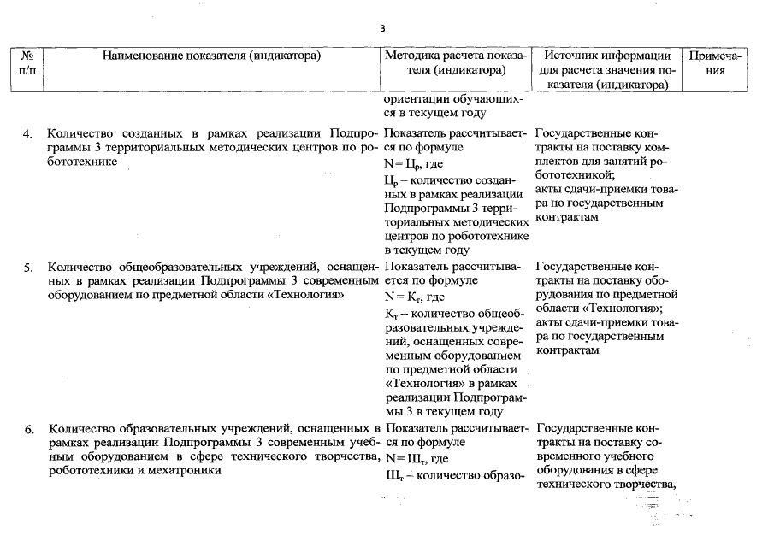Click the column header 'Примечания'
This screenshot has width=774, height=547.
pyautogui.click(x=718, y=63)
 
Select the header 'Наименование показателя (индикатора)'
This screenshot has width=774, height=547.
pyautogui.click(x=211, y=56)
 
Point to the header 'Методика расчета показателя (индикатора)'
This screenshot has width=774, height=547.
pyautogui.click(x=456, y=63)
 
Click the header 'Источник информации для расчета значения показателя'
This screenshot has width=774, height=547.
pyautogui.click(x=608, y=70)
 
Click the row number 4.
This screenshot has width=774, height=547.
pyautogui.click(x=28, y=134)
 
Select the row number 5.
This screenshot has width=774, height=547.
pyautogui.click(x=28, y=266)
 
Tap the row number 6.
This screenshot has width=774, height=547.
pyautogui.click(x=28, y=429)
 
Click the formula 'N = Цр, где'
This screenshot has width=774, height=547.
pyautogui.click(x=414, y=165)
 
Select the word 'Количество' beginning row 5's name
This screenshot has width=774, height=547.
pyautogui.click(x=77, y=265)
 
